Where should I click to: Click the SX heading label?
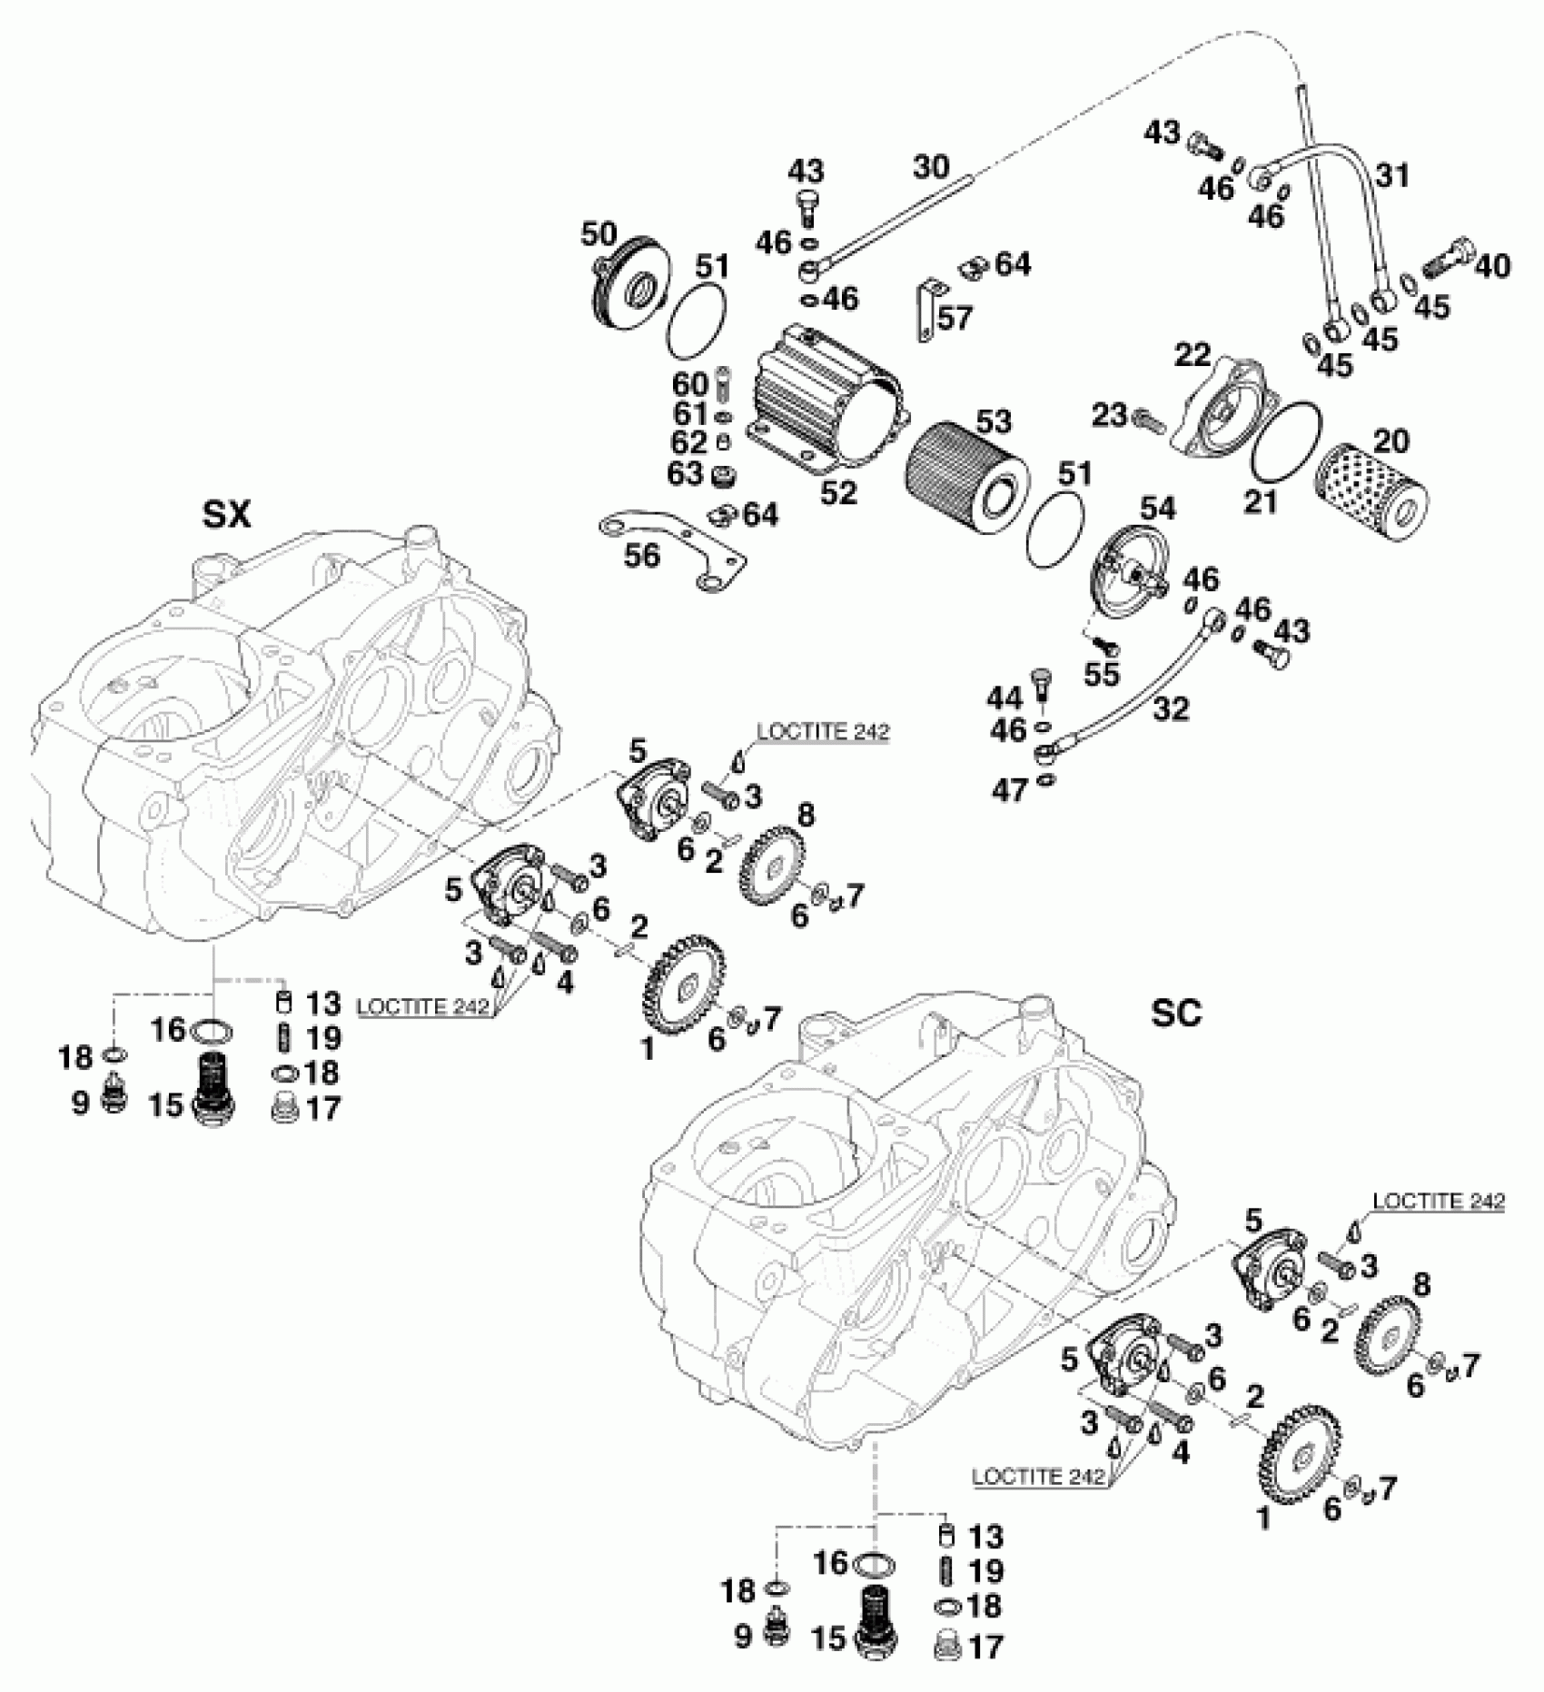(226, 516)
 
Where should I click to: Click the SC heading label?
(1176, 1013)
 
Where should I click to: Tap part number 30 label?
(931, 166)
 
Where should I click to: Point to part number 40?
(1492, 266)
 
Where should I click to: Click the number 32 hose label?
(1171, 708)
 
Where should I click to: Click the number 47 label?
(1009, 790)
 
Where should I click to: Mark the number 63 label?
(689, 472)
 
